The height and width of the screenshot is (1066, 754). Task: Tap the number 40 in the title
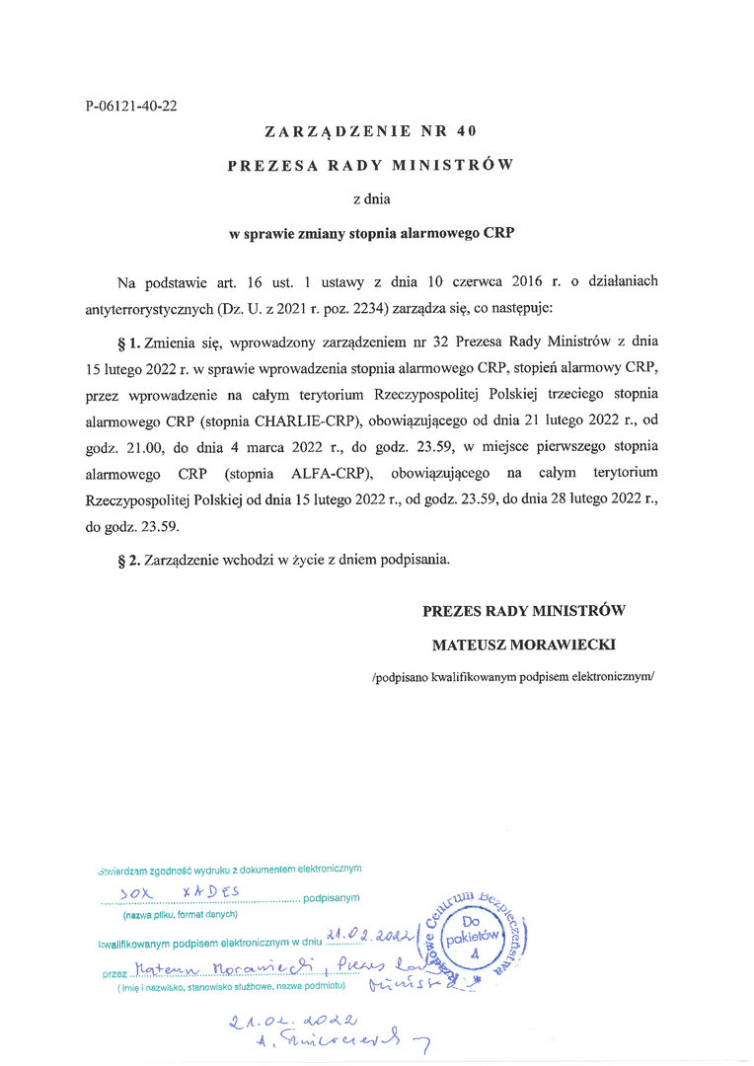click(x=468, y=131)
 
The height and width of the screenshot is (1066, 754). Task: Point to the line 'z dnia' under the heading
click(x=372, y=199)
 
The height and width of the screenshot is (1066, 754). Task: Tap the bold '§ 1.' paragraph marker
click(x=128, y=343)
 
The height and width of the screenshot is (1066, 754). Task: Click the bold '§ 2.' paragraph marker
click(x=128, y=560)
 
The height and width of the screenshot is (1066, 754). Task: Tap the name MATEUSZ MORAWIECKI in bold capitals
click(x=524, y=644)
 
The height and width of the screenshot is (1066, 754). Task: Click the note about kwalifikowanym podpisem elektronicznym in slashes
click(x=513, y=677)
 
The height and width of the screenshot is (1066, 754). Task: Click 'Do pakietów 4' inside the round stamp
click(x=472, y=938)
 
